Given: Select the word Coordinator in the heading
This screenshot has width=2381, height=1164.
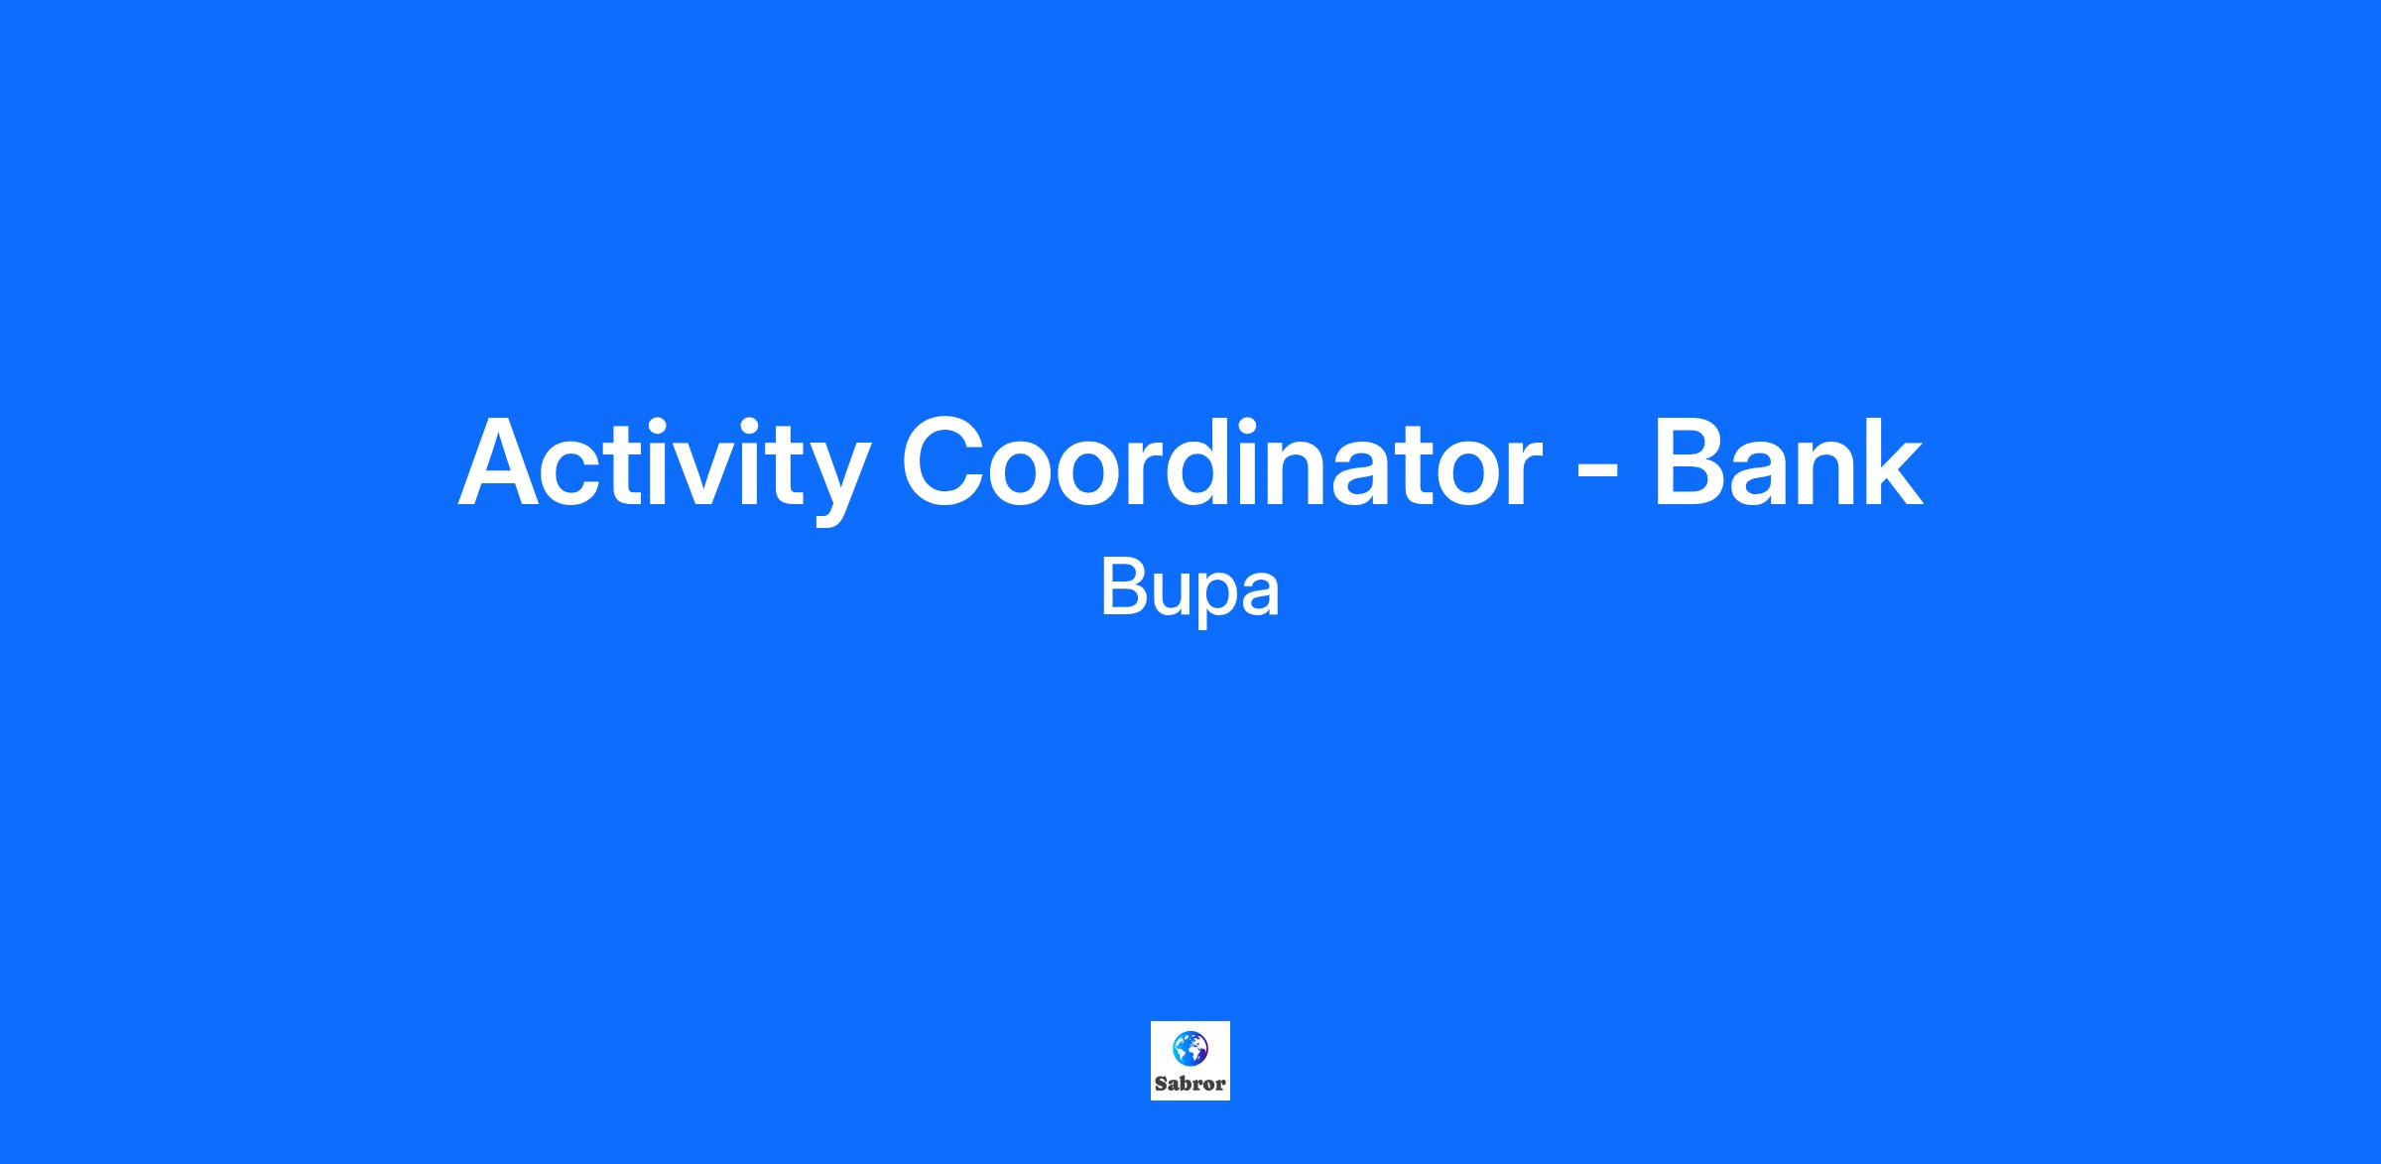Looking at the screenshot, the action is (1222, 462).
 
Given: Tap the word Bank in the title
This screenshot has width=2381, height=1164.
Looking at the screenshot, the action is (1788, 460).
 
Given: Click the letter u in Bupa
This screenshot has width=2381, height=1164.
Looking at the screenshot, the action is (1173, 595).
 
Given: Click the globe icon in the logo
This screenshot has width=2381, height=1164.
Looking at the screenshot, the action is (1190, 1048).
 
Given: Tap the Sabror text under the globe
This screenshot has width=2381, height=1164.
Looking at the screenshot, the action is (1190, 1084).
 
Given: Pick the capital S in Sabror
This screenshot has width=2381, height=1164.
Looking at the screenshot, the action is (1160, 1084).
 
